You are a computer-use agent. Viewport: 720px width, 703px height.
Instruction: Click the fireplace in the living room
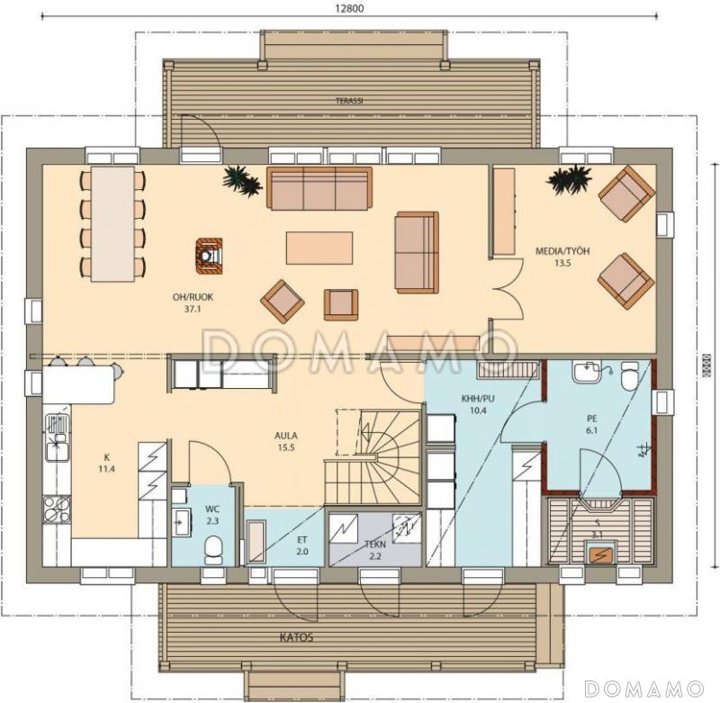(209, 255)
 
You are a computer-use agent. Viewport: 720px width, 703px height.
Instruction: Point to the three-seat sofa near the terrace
(319, 188)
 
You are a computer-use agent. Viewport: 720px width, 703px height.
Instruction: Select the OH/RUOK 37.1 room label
(191, 302)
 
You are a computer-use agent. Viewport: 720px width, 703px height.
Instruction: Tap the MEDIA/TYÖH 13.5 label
(562, 257)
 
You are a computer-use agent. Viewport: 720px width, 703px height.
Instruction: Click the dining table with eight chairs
(112, 222)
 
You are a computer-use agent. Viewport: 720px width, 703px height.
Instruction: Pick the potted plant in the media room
(567, 180)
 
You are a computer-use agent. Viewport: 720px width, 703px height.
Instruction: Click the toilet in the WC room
(214, 550)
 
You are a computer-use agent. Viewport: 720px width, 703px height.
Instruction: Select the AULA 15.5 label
(287, 439)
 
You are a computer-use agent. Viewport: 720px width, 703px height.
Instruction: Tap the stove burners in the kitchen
(56, 509)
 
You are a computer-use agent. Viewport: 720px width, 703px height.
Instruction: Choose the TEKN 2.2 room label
(374, 551)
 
